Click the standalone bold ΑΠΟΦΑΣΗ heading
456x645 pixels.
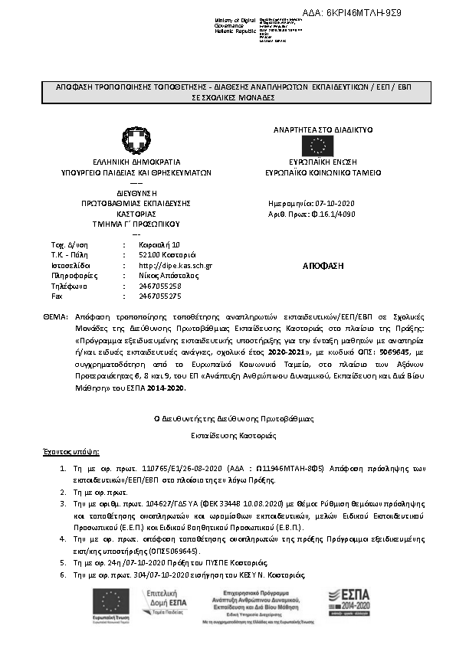pos(323,265)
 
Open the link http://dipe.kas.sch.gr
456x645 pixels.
pos(176,265)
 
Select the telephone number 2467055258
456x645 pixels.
pos(160,285)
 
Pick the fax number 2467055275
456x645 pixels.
pos(160,295)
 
